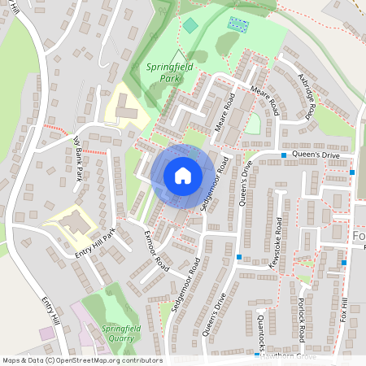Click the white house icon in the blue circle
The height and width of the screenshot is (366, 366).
(x=182, y=175)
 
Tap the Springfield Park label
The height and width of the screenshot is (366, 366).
(x=170, y=72)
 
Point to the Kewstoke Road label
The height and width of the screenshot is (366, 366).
(x=278, y=238)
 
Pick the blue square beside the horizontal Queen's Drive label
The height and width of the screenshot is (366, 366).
(x=284, y=155)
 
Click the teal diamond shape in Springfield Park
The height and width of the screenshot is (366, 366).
(x=190, y=26)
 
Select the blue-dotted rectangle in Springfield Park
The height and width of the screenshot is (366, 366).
(x=238, y=24)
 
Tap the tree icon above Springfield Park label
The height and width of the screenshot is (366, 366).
(x=173, y=54)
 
